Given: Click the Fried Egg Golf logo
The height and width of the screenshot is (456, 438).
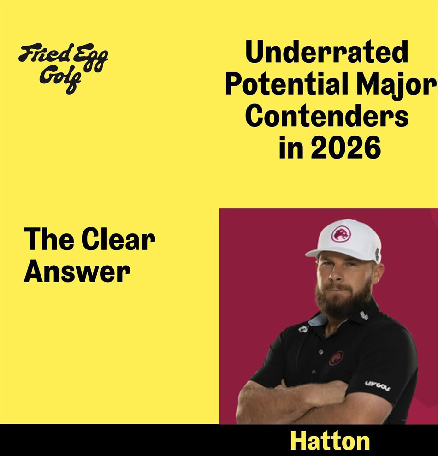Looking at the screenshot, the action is point(63,69).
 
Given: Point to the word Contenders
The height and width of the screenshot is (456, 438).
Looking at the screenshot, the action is point(326,115).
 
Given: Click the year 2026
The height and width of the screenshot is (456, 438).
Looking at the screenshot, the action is point(346,147).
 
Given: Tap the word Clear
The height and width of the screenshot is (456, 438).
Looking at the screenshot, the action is point(118,239).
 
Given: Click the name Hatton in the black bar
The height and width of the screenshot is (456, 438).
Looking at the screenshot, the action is point(330,441).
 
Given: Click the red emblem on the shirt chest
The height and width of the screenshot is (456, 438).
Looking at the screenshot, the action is point(336,358).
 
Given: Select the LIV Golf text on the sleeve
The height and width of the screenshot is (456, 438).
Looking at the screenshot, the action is point(378,385).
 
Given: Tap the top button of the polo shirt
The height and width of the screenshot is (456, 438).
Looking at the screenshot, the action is point(321,352).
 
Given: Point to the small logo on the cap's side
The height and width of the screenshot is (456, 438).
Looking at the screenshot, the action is point(377,254).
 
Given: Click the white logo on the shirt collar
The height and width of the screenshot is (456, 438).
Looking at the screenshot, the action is point(364,315).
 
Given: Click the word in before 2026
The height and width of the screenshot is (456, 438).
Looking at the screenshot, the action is point(291,147).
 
